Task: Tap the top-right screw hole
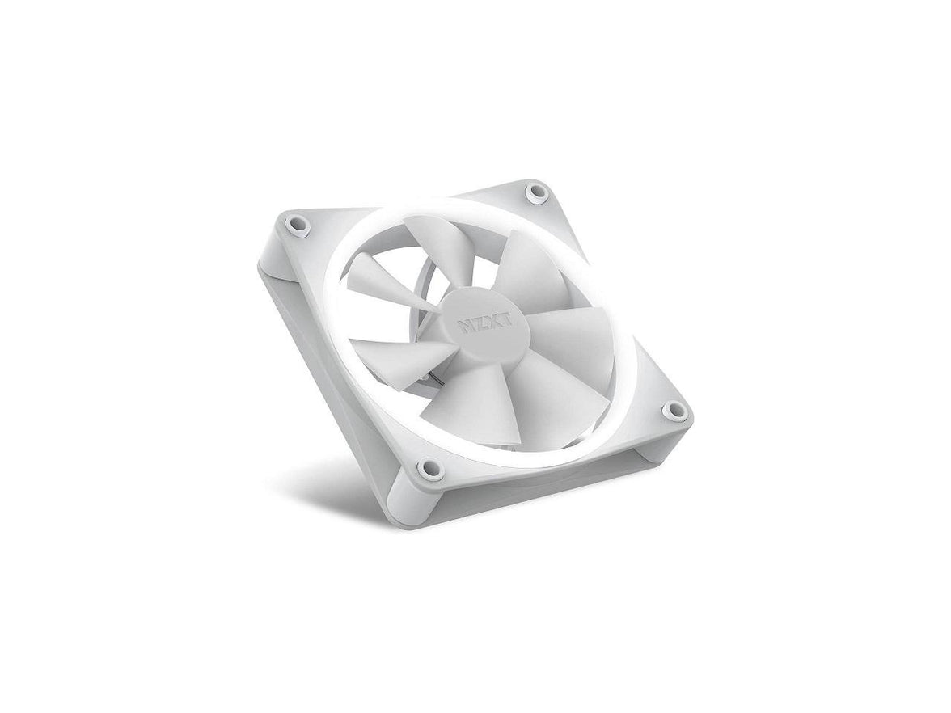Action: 535,192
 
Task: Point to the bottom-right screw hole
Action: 670,412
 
